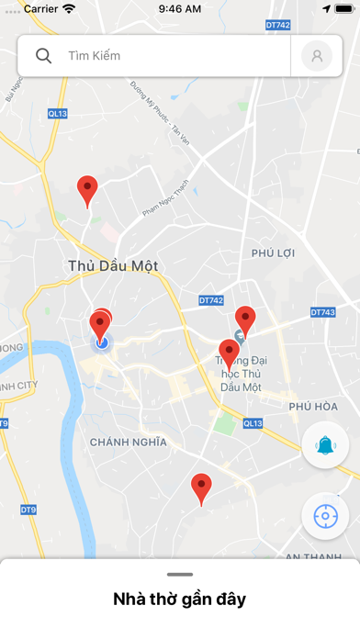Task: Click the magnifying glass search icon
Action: tap(43, 56)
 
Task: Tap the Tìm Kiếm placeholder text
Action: tap(95, 56)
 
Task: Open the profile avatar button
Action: tap(317, 56)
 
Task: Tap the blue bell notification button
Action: tap(325, 446)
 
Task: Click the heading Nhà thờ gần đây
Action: tap(180, 600)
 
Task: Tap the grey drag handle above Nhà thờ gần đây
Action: tap(180, 574)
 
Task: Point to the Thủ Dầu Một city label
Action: tap(113, 265)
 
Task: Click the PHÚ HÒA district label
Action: tap(312, 406)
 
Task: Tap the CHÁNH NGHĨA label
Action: tap(129, 442)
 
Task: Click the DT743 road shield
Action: tap(323, 312)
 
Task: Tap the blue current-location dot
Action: tap(102, 342)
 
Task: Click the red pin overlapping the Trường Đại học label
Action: tap(229, 353)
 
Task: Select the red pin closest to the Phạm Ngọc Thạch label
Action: tap(87, 190)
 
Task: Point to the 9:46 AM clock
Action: tap(180, 8)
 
